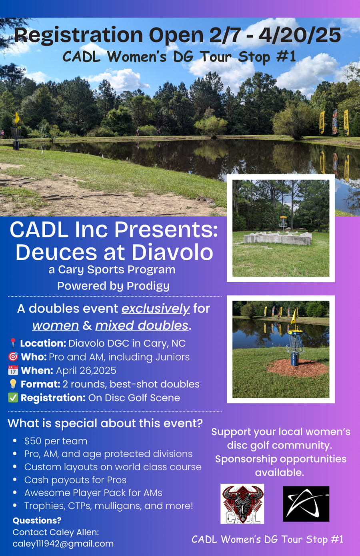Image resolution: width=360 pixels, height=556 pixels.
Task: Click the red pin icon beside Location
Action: coord(13,343)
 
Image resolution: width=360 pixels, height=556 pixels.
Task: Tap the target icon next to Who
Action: coord(13,357)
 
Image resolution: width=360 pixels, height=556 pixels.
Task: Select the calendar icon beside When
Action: coord(13,370)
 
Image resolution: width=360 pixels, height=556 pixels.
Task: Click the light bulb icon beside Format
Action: coord(13,384)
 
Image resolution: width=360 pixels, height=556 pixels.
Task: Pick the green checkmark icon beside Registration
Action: coord(13,397)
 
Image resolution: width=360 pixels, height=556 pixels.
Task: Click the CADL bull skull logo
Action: coord(242,504)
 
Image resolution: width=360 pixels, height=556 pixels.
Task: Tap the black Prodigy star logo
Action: coord(306,504)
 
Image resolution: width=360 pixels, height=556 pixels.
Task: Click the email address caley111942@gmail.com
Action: coord(63,544)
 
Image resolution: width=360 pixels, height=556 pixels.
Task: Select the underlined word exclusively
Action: coord(155,309)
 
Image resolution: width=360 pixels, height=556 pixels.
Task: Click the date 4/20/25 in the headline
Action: coord(300,35)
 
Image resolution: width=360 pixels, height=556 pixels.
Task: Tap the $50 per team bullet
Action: coord(56,441)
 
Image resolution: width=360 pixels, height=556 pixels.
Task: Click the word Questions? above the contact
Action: coord(37,520)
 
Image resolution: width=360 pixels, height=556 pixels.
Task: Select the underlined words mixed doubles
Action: coord(142,325)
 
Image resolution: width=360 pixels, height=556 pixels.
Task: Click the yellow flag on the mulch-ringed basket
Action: coord(294,317)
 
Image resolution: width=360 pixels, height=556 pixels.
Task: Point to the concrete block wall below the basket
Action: coord(278,239)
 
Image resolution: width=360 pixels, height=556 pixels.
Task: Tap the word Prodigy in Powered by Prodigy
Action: coord(148,286)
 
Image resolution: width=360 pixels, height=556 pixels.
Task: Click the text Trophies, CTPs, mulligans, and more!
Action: coord(108,506)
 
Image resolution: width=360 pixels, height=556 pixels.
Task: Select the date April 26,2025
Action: coord(86,371)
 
